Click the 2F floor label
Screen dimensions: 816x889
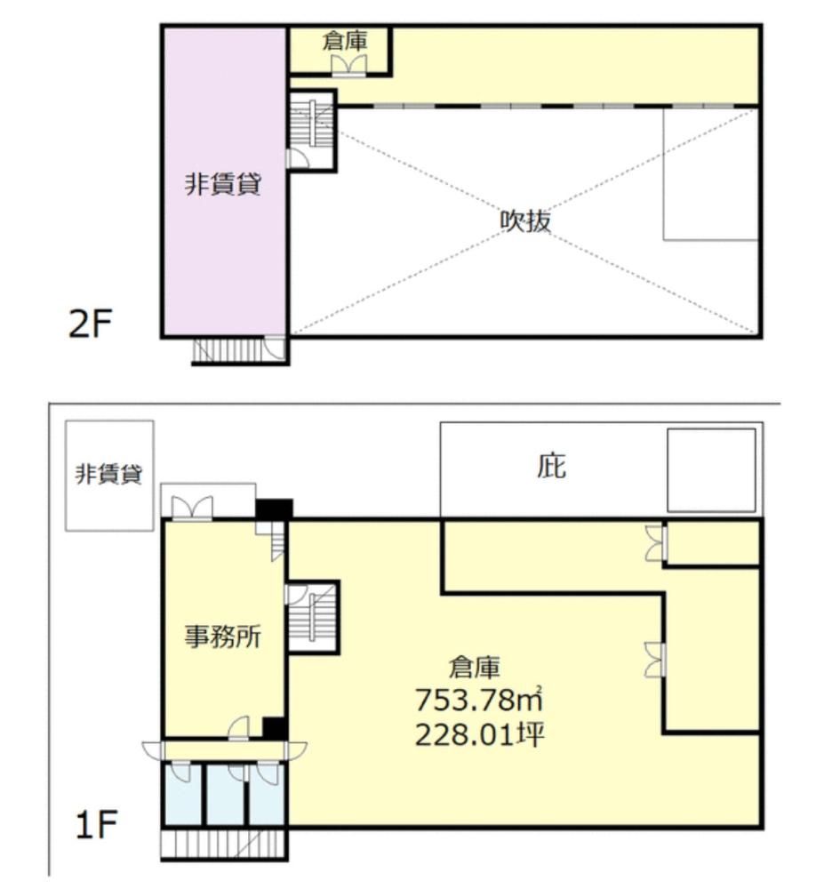point(90,324)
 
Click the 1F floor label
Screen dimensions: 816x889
point(96,824)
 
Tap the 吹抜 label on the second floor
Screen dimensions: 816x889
point(525,220)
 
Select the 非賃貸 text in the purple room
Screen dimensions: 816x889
point(223,184)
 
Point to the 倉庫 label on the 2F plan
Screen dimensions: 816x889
point(345,41)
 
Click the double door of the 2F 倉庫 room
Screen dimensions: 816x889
point(348,65)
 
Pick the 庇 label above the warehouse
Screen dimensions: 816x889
point(551,466)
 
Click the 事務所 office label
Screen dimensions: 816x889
point(223,637)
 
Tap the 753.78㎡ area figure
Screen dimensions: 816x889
point(479,700)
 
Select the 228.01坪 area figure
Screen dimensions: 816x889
point(480,735)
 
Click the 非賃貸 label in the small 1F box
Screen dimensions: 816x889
point(108,474)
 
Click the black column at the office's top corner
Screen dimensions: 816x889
point(274,509)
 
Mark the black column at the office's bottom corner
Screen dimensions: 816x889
point(274,728)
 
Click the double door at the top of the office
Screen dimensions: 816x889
point(192,508)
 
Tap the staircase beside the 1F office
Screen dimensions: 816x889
point(313,617)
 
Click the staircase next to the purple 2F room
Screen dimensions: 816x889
point(311,131)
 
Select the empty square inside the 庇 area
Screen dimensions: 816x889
point(711,470)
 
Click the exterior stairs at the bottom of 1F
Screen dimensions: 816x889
point(223,844)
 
